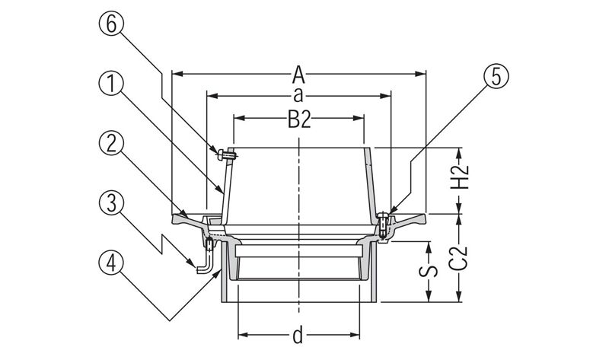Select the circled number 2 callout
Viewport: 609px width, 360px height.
112,142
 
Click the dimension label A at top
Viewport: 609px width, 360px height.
299,75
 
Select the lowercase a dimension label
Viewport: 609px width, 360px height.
299,96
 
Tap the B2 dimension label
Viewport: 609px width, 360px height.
299,119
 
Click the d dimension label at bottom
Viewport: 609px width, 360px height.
299,336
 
